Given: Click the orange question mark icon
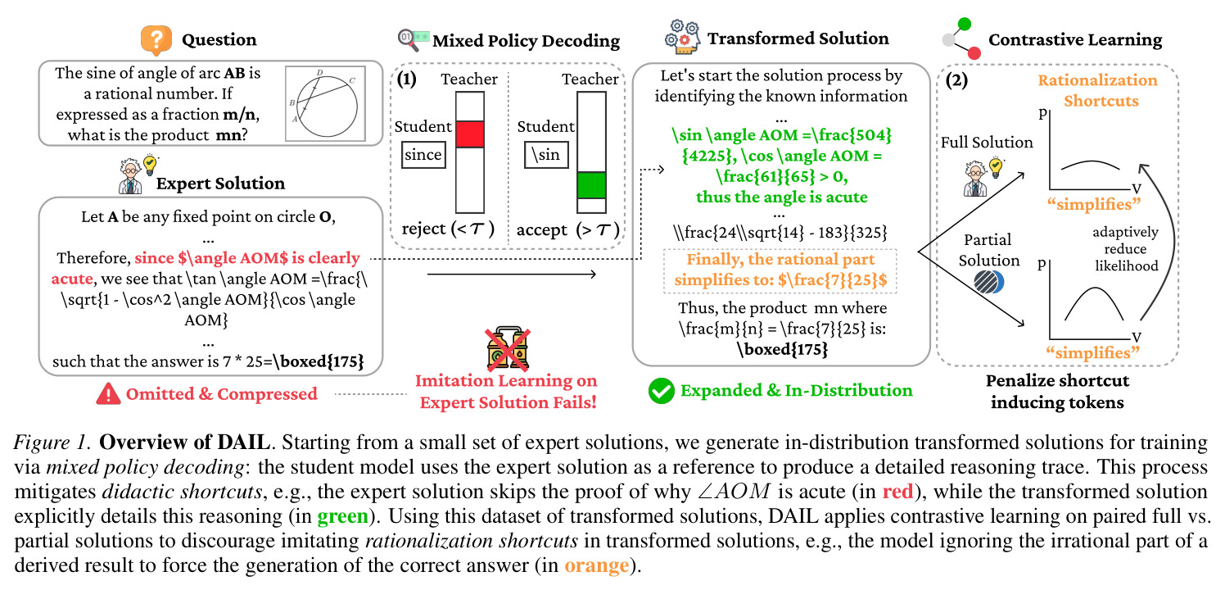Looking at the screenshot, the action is pos(156,40).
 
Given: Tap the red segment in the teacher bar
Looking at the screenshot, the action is pos(470,134).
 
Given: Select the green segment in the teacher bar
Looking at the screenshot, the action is pos(592,185).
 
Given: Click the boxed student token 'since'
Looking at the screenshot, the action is pos(423,155).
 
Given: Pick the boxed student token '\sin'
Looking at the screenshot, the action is pos(546,155).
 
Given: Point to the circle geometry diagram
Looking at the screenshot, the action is pos(325,103).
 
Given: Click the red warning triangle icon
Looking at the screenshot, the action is pos(108,394).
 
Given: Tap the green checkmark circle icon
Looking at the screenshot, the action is pos(661,391).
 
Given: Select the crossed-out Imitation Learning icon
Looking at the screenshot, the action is pos(508,348).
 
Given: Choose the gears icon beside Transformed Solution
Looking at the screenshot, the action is pos(682,38).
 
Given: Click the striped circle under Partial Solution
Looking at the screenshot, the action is pos(988,282).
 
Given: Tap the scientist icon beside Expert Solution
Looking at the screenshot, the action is pos(138,175).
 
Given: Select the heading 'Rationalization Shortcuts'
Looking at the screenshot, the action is pos(1098,91).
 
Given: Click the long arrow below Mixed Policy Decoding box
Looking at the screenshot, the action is pos(511,274).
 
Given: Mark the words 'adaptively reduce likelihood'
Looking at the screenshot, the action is pos(1125,249).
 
